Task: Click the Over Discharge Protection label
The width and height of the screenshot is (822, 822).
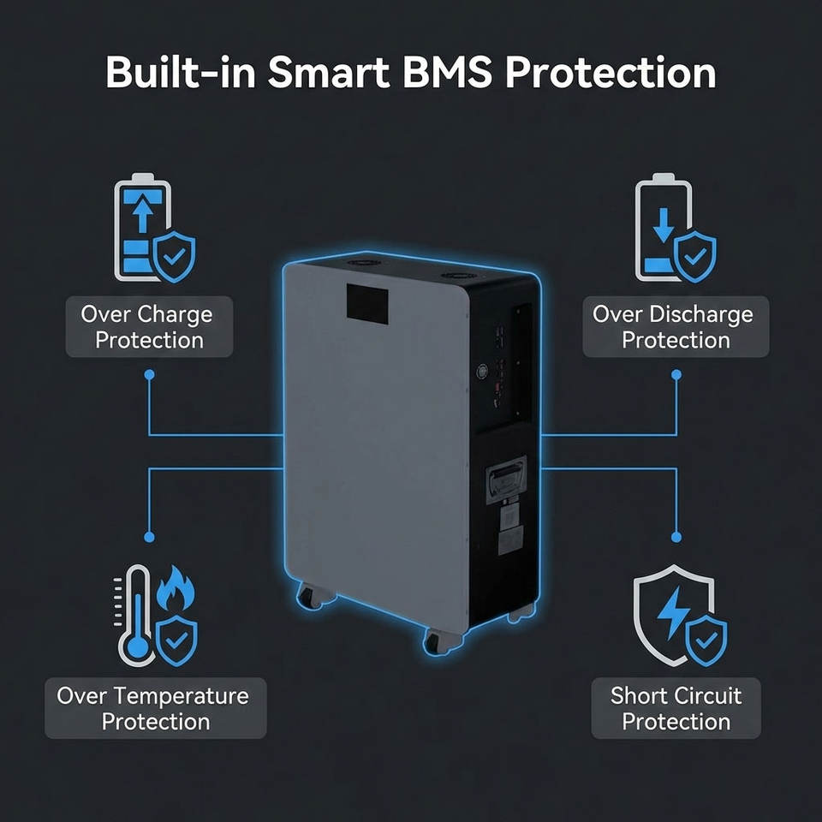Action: (676, 327)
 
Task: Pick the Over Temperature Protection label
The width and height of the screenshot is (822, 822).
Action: (155, 708)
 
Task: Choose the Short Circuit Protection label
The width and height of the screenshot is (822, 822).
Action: (676, 708)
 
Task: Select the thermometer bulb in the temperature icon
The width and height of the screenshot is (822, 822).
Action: (136, 648)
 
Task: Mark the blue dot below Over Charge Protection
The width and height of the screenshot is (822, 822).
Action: (150, 375)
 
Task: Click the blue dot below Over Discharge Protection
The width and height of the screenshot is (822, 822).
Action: (676, 375)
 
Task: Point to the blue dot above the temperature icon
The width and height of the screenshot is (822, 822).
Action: (150, 537)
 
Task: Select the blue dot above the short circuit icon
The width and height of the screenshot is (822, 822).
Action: (676, 537)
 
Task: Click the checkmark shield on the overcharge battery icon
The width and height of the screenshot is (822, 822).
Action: (176, 255)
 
